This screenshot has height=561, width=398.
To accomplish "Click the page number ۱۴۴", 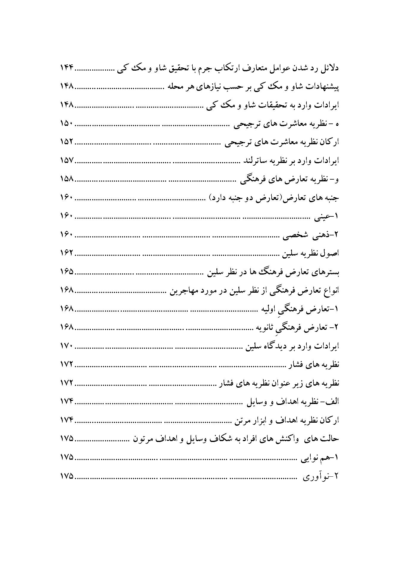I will (67, 68).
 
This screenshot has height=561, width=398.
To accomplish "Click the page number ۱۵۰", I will (67, 124).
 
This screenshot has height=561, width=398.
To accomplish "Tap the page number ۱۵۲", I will (67, 142).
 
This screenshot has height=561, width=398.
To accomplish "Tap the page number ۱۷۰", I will (67, 346).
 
